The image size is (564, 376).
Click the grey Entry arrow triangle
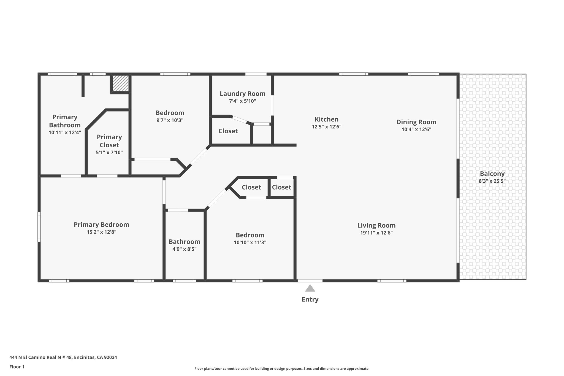pyautogui.click(x=310, y=288)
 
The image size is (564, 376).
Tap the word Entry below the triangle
pyautogui.click(x=310, y=299)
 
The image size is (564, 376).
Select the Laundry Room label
pyautogui.click(x=242, y=94)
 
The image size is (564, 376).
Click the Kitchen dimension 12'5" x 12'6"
pyautogui.click(x=326, y=127)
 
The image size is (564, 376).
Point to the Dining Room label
pyautogui.click(x=416, y=122)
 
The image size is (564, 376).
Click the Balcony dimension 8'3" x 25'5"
pyautogui.click(x=492, y=181)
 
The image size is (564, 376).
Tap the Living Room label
pyautogui.click(x=376, y=225)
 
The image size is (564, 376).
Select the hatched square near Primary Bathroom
pyautogui.click(x=120, y=83)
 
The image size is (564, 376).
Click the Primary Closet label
pyautogui.click(x=109, y=141)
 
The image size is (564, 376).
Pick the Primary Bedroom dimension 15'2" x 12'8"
pyautogui.click(x=101, y=232)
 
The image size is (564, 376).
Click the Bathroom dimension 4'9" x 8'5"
pyautogui.click(x=184, y=249)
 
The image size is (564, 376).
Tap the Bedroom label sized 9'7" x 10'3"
pyautogui.click(x=170, y=113)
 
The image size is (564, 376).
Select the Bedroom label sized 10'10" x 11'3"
pyautogui.click(x=250, y=235)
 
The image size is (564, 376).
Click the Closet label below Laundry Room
pyautogui.click(x=228, y=131)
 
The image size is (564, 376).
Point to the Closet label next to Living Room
pyautogui.click(x=281, y=187)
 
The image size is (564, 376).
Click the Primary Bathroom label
pyautogui.click(x=65, y=121)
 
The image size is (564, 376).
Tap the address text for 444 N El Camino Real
pyautogui.click(x=63, y=357)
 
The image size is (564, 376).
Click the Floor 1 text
pyautogui.click(x=17, y=367)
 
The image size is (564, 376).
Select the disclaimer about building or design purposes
pyautogui.click(x=282, y=369)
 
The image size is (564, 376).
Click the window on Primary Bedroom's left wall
pyautogui.click(x=39, y=227)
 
